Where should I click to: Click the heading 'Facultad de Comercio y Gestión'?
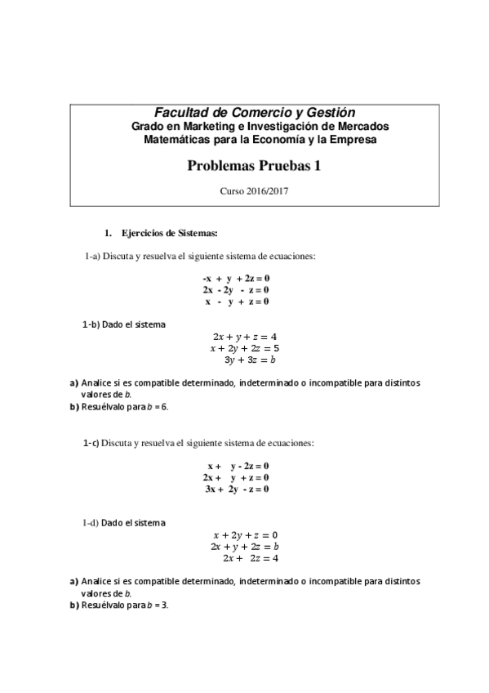click(255, 112)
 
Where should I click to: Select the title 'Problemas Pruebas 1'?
click(255, 165)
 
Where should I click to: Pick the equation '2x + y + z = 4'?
click(245, 336)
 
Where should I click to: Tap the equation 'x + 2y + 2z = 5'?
click(244, 347)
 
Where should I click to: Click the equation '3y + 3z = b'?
click(249, 359)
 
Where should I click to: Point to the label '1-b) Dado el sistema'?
click(124, 324)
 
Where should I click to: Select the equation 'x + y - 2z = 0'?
click(237, 465)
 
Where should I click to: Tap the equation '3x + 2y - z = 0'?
click(237, 489)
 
